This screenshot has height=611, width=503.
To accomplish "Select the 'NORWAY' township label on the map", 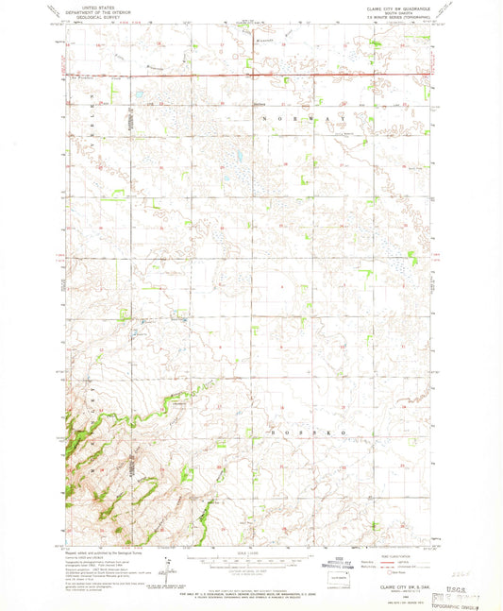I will [x=302, y=118].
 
